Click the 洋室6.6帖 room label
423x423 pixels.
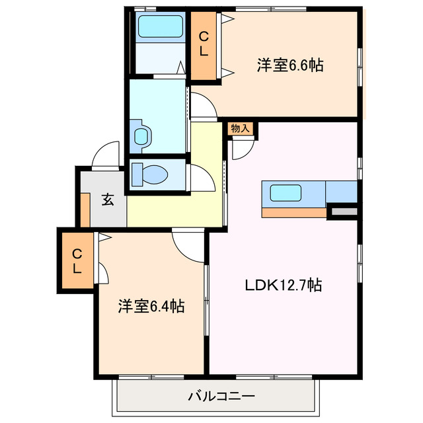pos(289,66)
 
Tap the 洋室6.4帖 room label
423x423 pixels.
pos(151,306)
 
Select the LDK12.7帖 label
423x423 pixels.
pos(284,286)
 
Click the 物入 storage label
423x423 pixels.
pos(241,128)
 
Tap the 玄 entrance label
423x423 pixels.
pos(108,200)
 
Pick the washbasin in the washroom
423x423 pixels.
pos(143,136)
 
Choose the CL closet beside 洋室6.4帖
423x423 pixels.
pos(77,260)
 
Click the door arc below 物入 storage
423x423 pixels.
pos(242,149)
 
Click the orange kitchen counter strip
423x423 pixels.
pos(294,212)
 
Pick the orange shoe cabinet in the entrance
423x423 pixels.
pos(85,210)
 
